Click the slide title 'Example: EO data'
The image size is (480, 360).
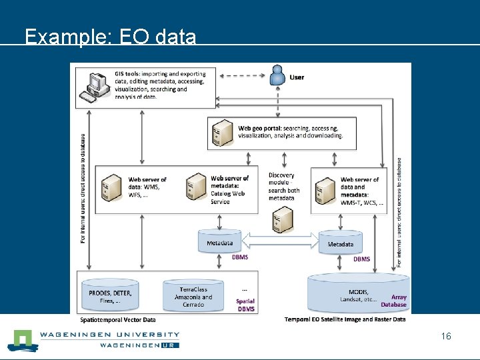tap(111, 37)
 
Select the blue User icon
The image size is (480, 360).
tap(277, 75)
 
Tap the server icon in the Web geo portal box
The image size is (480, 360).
tap(222, 133)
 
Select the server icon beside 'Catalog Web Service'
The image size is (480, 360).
tap(196, 187)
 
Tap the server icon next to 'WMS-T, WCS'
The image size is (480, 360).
tap(325, 189)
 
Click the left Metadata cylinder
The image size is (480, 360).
tap(219, 241)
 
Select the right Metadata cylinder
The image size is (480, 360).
tap(340, 243)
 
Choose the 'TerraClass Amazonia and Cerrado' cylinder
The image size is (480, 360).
tap(193, 295)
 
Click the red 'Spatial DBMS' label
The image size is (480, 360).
tap(245, 305)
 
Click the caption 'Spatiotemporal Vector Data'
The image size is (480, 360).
tap(118, 320)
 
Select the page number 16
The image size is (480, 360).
tap(446, 336)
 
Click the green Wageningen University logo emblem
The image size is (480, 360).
tap(22, 340)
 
